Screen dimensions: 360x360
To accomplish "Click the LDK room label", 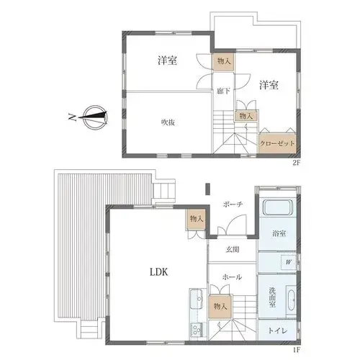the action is coord(158,272).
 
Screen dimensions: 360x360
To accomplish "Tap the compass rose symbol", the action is coord(96,117).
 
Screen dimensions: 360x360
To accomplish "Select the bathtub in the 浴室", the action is coord(278,207).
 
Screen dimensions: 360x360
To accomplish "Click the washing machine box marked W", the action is coord(289,262).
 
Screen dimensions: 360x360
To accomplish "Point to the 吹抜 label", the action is coord(168,122).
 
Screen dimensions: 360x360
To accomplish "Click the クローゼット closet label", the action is coord(277,143).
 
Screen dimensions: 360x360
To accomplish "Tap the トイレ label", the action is coord(277,330).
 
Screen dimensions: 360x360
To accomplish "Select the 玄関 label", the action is coord(233,250).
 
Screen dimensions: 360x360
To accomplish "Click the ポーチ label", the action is coord(233,204).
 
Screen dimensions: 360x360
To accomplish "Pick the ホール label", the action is coord(232,277).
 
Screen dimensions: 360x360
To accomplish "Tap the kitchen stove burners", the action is coord(197,330).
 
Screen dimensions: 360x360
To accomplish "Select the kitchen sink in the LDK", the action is coord(197,299).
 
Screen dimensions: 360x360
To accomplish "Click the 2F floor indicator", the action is coord(296,163).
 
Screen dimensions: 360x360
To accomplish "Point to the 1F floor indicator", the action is coord(297,350).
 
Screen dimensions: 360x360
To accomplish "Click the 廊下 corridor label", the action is coord(223,91).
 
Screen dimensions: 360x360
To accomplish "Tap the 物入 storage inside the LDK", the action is coord(197,219).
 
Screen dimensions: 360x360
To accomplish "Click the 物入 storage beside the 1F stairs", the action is coord(220,307).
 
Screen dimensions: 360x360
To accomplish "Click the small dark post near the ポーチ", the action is coord(208,189).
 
